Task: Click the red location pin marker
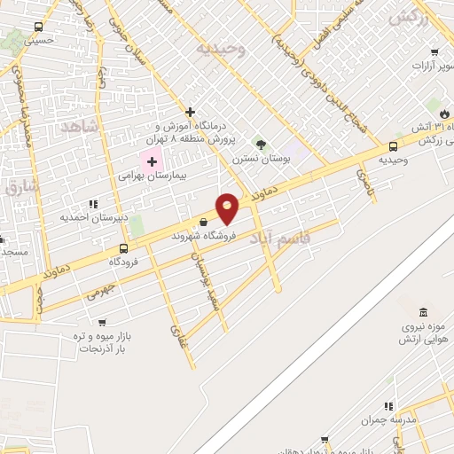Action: coord(228,207)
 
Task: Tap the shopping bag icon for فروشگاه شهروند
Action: coord(204,223)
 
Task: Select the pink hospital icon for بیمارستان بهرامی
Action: coord(152,161)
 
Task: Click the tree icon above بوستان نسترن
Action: coord(261,145)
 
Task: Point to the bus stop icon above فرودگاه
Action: coord(122,248)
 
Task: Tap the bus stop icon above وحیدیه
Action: coord(393,146)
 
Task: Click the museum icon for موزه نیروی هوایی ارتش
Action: coord(422,314)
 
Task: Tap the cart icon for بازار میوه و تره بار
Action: coord(102,323)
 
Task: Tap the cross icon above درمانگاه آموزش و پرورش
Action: coord(190,112)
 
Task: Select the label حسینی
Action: coord(40,40)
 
